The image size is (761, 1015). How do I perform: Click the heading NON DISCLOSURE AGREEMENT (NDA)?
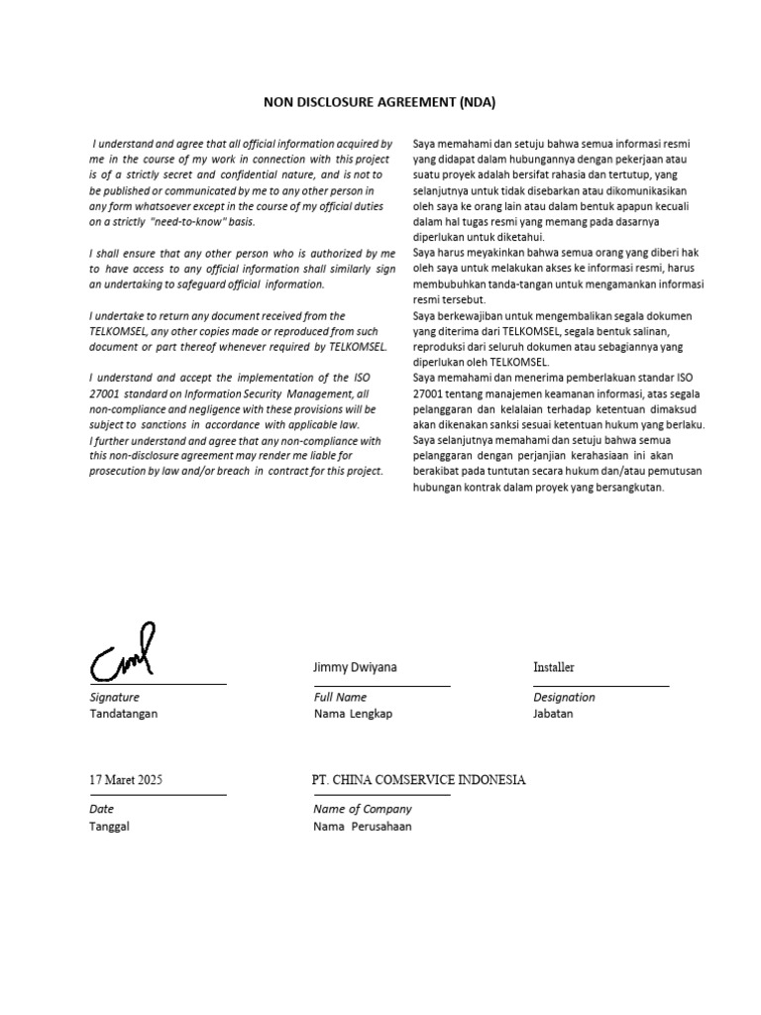[x=380, y=101]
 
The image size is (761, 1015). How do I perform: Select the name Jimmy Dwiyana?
[x=355, y=667]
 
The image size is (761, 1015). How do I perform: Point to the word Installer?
[x=553, y=667]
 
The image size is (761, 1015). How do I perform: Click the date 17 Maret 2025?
[x=126, y=780]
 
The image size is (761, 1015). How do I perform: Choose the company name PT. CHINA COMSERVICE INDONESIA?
[x=418, y=780]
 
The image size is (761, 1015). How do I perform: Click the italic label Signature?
[x=114, y=698]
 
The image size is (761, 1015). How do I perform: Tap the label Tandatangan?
[x=123, y=714]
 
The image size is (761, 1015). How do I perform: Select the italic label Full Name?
[x=340, y=698]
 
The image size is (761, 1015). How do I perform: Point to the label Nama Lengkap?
[x=353, y=714]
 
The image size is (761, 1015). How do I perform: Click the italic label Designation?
[x=564, y=698]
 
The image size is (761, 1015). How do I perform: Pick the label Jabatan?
[x=553, y=714]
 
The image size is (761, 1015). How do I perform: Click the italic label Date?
[x=101, y=810]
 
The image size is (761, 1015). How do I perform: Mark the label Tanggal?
[x=109, y=827]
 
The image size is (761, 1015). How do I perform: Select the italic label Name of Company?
[x=362, y=810]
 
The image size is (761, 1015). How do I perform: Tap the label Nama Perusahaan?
[x=363, y=827]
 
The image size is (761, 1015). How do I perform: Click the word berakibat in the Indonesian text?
[x=438, y=472]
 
